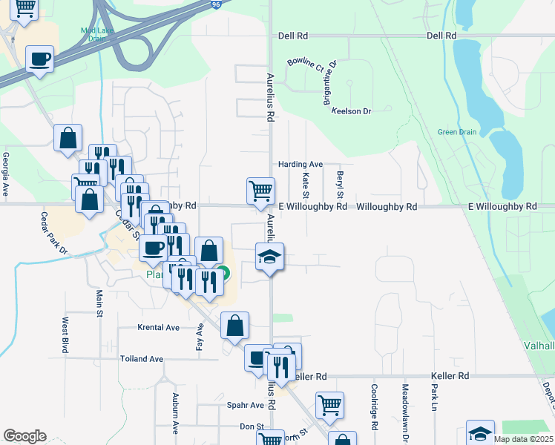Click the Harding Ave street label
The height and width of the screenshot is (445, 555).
301,164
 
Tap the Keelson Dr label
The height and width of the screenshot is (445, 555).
352,111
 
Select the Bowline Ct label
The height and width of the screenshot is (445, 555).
306,65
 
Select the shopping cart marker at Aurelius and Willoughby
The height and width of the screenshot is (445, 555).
260,190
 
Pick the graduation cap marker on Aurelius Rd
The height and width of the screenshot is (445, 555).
269,257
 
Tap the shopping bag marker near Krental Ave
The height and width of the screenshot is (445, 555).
234,325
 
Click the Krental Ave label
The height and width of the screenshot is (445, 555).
159,327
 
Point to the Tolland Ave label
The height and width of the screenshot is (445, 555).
142,359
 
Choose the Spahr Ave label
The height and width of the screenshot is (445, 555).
246,406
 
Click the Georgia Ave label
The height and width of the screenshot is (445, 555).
6,174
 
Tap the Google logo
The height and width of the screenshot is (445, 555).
24,436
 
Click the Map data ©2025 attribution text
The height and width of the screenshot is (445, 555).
523,439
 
